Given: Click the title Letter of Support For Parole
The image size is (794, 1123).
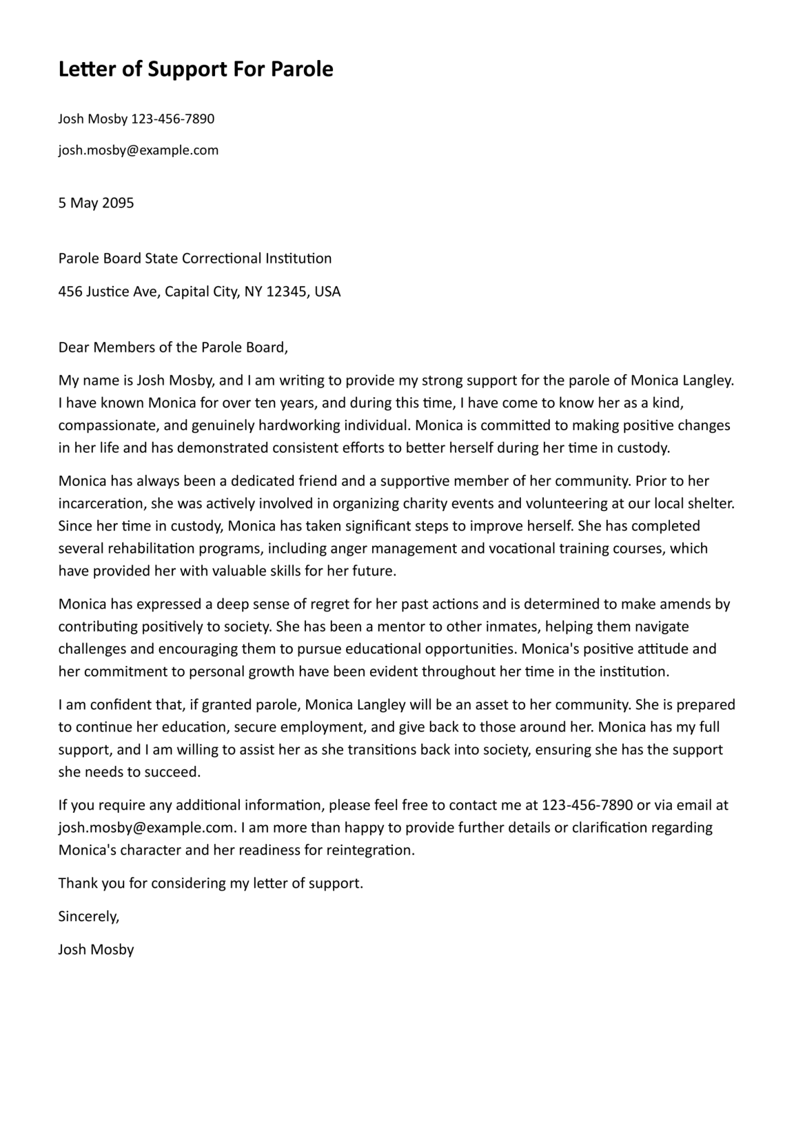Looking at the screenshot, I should click(x=196, y=70).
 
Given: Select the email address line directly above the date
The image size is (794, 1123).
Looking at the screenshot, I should click(x=138, y=150).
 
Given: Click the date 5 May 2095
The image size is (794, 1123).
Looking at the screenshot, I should click(x=96, y=203).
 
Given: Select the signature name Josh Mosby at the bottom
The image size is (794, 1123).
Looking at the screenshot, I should click(x=96, y=949).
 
